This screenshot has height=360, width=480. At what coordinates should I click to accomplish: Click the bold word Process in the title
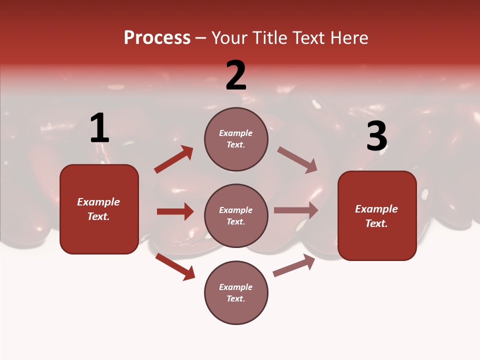click(x=157, y=38)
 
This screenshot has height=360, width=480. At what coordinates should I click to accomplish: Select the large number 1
click(x=99, y=128)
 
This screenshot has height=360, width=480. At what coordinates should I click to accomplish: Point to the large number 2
click(x=236, y=75)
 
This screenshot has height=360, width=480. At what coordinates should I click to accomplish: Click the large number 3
click(x=376, y=136)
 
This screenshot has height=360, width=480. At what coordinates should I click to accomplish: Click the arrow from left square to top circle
click(x=174, y=159)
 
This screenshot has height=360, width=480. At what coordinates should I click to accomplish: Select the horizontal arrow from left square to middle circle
click(x=175, y=211)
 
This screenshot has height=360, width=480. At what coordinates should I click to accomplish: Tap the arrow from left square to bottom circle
click(x=175, y=266)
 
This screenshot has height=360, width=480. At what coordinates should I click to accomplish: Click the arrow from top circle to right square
click(x=297, y=159)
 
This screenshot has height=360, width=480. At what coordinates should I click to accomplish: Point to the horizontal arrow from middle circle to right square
click(x=296, y=210)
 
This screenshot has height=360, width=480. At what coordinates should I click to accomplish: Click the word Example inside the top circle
click(x=236, y=133)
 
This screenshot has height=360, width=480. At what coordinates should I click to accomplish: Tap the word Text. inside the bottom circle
click(x=236, y=298)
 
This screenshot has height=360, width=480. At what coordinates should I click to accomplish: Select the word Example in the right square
click(x=376, y=209)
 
